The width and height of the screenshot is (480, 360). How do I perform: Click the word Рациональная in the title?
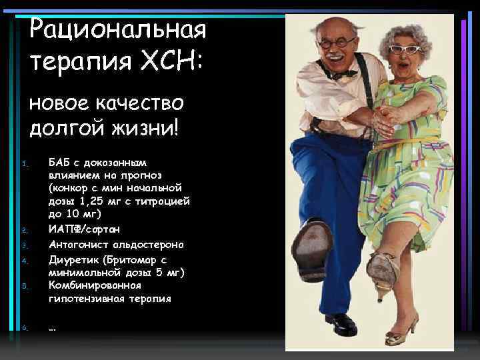[119, 29]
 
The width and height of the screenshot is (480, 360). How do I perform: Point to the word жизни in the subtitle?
[142, 126]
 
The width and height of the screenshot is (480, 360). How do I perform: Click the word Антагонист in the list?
[79, 245]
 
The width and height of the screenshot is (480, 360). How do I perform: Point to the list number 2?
[24, 231]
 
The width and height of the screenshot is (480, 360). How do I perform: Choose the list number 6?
[24, 328]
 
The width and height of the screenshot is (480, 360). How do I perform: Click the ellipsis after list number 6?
[53, 328]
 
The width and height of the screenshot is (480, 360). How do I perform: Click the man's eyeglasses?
[336, 43]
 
